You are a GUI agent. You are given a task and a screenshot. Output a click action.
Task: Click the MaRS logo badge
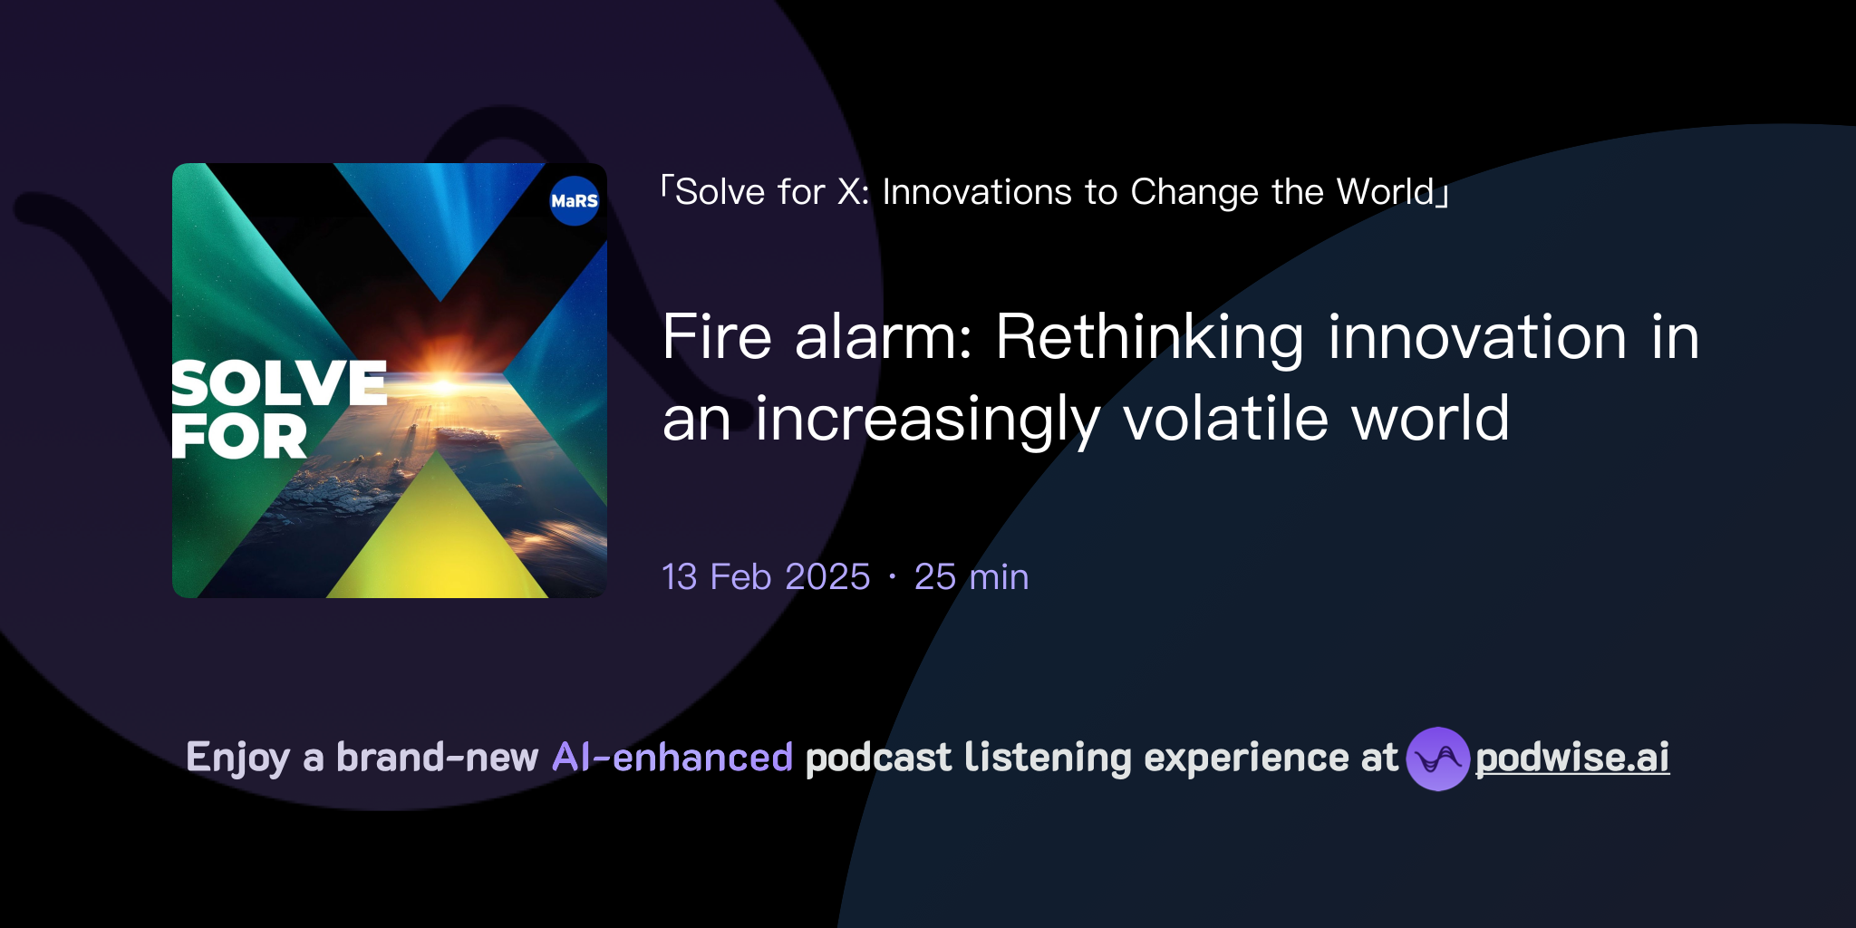(575, 200)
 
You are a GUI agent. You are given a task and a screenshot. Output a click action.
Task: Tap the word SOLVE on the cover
(279, 383)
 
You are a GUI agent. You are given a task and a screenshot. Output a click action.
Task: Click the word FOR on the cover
(239, 437)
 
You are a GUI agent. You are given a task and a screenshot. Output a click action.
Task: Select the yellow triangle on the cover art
(439, 535)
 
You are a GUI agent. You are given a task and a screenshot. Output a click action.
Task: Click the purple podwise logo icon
(1437, 759)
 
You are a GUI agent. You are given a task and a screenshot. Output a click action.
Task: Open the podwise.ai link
(1572, 758)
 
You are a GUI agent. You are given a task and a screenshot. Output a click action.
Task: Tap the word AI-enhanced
(672, 758)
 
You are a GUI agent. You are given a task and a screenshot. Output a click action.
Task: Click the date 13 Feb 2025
(766, 577)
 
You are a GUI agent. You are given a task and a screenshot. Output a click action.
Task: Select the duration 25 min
(971, 577)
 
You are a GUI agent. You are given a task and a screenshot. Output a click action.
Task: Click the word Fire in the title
(717, 337)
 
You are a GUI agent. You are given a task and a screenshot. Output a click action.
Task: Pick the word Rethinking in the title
(1149, 337)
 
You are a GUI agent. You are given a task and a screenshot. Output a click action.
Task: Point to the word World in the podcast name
(1386, 192)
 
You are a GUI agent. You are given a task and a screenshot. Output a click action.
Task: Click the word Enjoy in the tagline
(237, 758)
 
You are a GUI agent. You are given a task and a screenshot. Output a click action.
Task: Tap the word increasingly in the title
(927, 419)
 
